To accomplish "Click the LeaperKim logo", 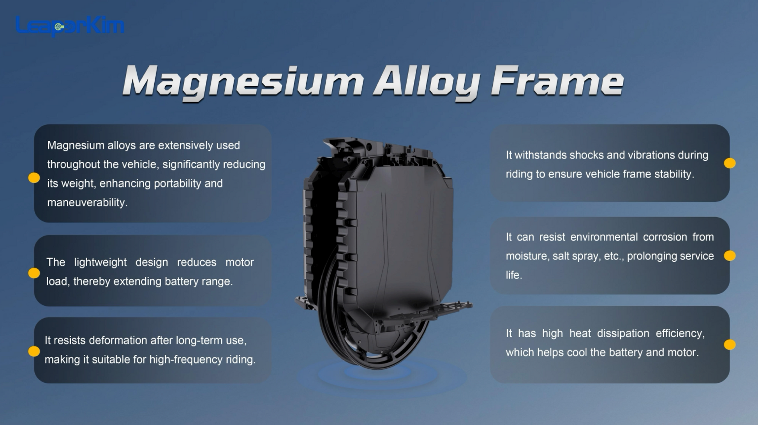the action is [70, 26].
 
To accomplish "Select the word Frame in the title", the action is [557, 81].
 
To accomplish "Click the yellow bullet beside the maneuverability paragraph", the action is [34, 178].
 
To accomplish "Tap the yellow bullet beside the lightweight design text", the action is [34, 273].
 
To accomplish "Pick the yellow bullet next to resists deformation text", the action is [34, 351].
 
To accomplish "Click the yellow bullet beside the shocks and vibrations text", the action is [730, 163].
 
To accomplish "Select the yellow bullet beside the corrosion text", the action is [730, 256].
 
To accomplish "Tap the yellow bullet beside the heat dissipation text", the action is [730, 345].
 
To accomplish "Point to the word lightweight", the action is [100, 262].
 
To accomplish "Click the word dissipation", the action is [623, 333].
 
